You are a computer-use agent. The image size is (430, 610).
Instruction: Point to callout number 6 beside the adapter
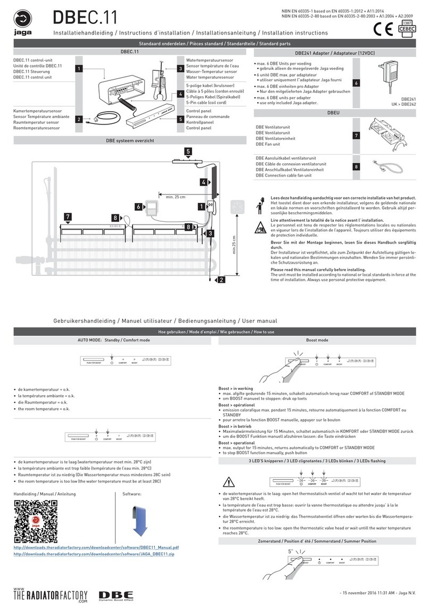(x=357, y=83)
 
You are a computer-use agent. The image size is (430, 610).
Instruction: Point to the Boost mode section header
(x=317, y=339)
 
